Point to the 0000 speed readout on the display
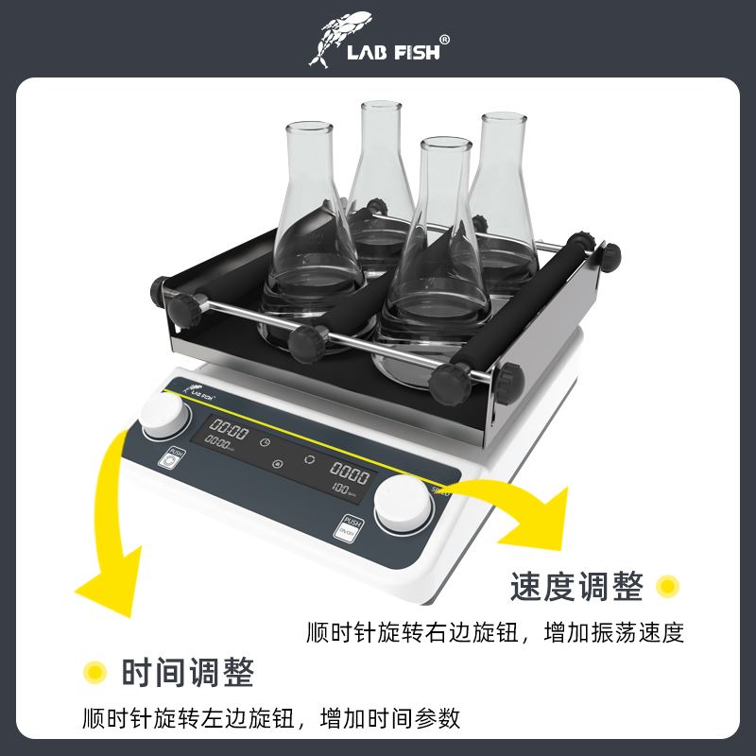349,473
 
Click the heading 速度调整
576,588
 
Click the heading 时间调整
187,674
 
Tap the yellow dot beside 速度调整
668,587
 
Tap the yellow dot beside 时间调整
94,673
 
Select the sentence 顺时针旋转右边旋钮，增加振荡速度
494,632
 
